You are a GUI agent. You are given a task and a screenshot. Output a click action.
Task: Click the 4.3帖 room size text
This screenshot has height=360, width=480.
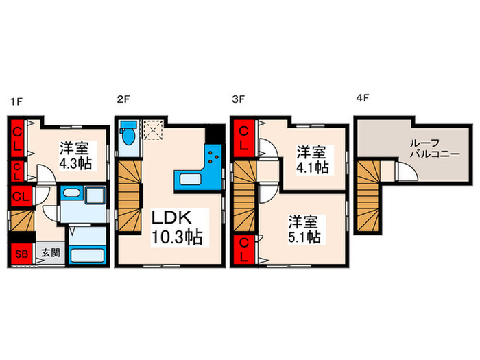tap(75, 164)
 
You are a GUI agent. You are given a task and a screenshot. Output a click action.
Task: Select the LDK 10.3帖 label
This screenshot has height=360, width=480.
tap(176, 230)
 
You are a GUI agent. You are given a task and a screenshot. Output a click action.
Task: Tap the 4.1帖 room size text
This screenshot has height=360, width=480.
tap(311, 167)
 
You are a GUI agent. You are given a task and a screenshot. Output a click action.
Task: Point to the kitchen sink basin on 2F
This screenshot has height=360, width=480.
tap(189, 180)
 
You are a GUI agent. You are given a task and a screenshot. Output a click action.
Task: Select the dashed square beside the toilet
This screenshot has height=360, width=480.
tap(152, 129)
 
